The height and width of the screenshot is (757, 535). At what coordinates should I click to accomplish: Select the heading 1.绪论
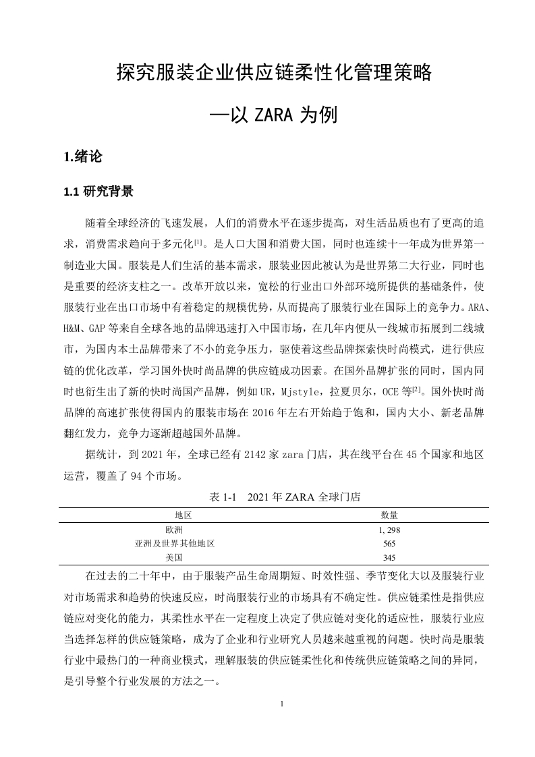(x=82, y=157)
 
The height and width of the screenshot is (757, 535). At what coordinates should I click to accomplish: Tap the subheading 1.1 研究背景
(x=98, y=192)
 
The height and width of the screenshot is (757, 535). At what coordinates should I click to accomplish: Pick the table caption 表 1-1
(x=223, y=497)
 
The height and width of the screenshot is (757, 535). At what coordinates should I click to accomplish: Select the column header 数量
(x=390, y=515)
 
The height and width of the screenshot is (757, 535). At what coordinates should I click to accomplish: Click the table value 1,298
(x=390, y=530)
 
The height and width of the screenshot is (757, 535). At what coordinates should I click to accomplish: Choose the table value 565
(x=389, y=544)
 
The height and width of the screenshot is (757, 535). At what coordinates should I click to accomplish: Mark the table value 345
(x=389, y=558)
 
